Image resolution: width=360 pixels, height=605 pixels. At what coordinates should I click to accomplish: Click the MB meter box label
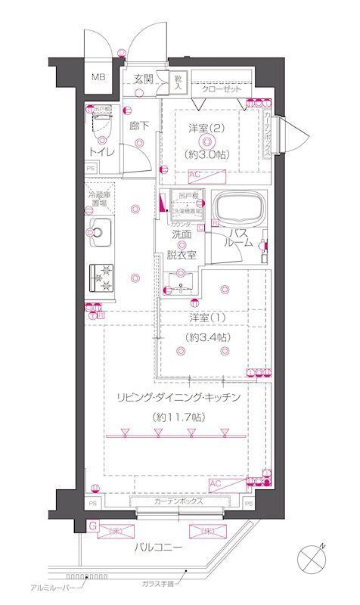[99, 78]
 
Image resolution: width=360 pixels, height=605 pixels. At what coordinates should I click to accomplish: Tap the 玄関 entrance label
[144, 79]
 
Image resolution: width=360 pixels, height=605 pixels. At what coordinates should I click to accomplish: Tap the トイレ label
[103, 151]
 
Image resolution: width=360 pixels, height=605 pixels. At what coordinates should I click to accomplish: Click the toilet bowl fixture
[101, 124]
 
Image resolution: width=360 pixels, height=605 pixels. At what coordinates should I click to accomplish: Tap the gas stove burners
[101, 276]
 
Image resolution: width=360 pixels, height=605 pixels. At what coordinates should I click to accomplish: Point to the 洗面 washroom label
[181, 234]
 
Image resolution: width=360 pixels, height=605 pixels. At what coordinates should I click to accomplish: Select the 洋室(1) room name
[205, 317]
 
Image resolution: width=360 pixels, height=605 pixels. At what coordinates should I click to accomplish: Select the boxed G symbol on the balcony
[92, 524]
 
